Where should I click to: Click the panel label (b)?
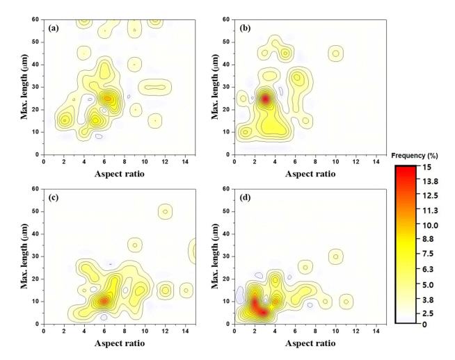[x=246, y=28]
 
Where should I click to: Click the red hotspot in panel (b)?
[x=264, y=99]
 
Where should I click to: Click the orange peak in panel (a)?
[x=107, y=99]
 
